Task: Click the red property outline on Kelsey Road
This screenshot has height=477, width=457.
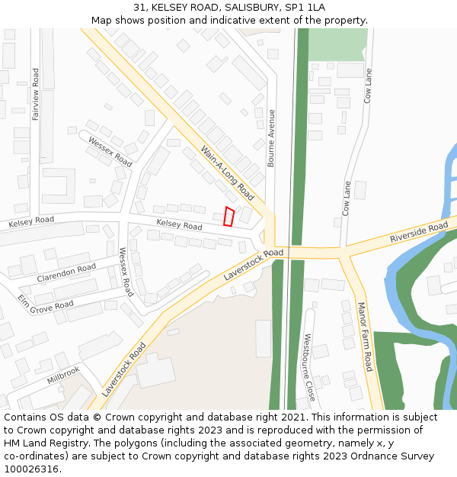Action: (x=228, y=217)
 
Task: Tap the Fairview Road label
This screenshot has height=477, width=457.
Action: (x=36, y=95)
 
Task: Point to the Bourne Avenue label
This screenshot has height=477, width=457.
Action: (x=270, y=138)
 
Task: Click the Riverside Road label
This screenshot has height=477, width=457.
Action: (x=419, y=233)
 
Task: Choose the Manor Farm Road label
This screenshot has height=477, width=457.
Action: (x=365, y=337)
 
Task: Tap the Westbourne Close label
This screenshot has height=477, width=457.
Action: (x=309, y=368)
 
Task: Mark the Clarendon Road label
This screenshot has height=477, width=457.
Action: (x=66, y=272)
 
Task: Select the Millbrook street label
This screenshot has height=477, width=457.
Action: (x=63, y=375)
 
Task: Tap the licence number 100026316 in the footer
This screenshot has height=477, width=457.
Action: (x=30, y=469)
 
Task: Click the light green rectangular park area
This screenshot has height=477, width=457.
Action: (x=337, y=44)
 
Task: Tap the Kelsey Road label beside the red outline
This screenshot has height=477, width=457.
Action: (x=179, y=224)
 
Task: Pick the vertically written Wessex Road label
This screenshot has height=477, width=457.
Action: (x=126, y=272)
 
